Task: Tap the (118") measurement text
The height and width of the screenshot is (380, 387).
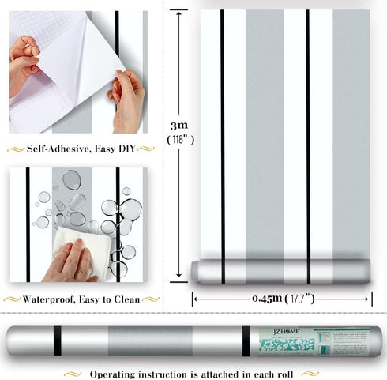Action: pyautogui.click(x=180, y=139)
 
